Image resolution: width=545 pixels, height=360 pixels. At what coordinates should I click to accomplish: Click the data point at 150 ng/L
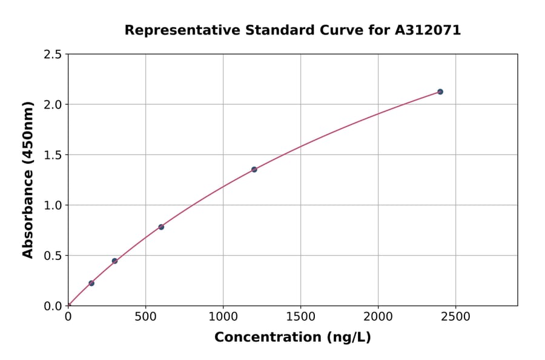(91, 283)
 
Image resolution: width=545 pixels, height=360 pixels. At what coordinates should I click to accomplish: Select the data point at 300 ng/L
(114, 261)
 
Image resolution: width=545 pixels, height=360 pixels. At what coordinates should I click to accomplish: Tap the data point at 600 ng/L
(161, 227)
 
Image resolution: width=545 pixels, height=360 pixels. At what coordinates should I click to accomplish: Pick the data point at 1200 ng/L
(254, 170)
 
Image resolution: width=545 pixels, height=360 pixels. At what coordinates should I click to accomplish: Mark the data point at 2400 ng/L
(440, 92)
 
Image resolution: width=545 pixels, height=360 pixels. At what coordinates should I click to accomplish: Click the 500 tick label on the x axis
(145, 316)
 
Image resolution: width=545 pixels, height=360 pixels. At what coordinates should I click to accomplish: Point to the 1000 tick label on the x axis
(223, 316)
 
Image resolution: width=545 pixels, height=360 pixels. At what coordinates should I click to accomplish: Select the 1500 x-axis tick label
(300, 316)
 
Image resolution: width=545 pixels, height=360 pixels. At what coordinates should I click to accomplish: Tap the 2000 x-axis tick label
(378, 316)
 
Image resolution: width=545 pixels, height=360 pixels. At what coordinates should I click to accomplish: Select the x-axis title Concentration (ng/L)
(292, 337)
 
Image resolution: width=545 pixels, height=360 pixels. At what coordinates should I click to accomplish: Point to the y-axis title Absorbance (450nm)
(28, 179)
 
